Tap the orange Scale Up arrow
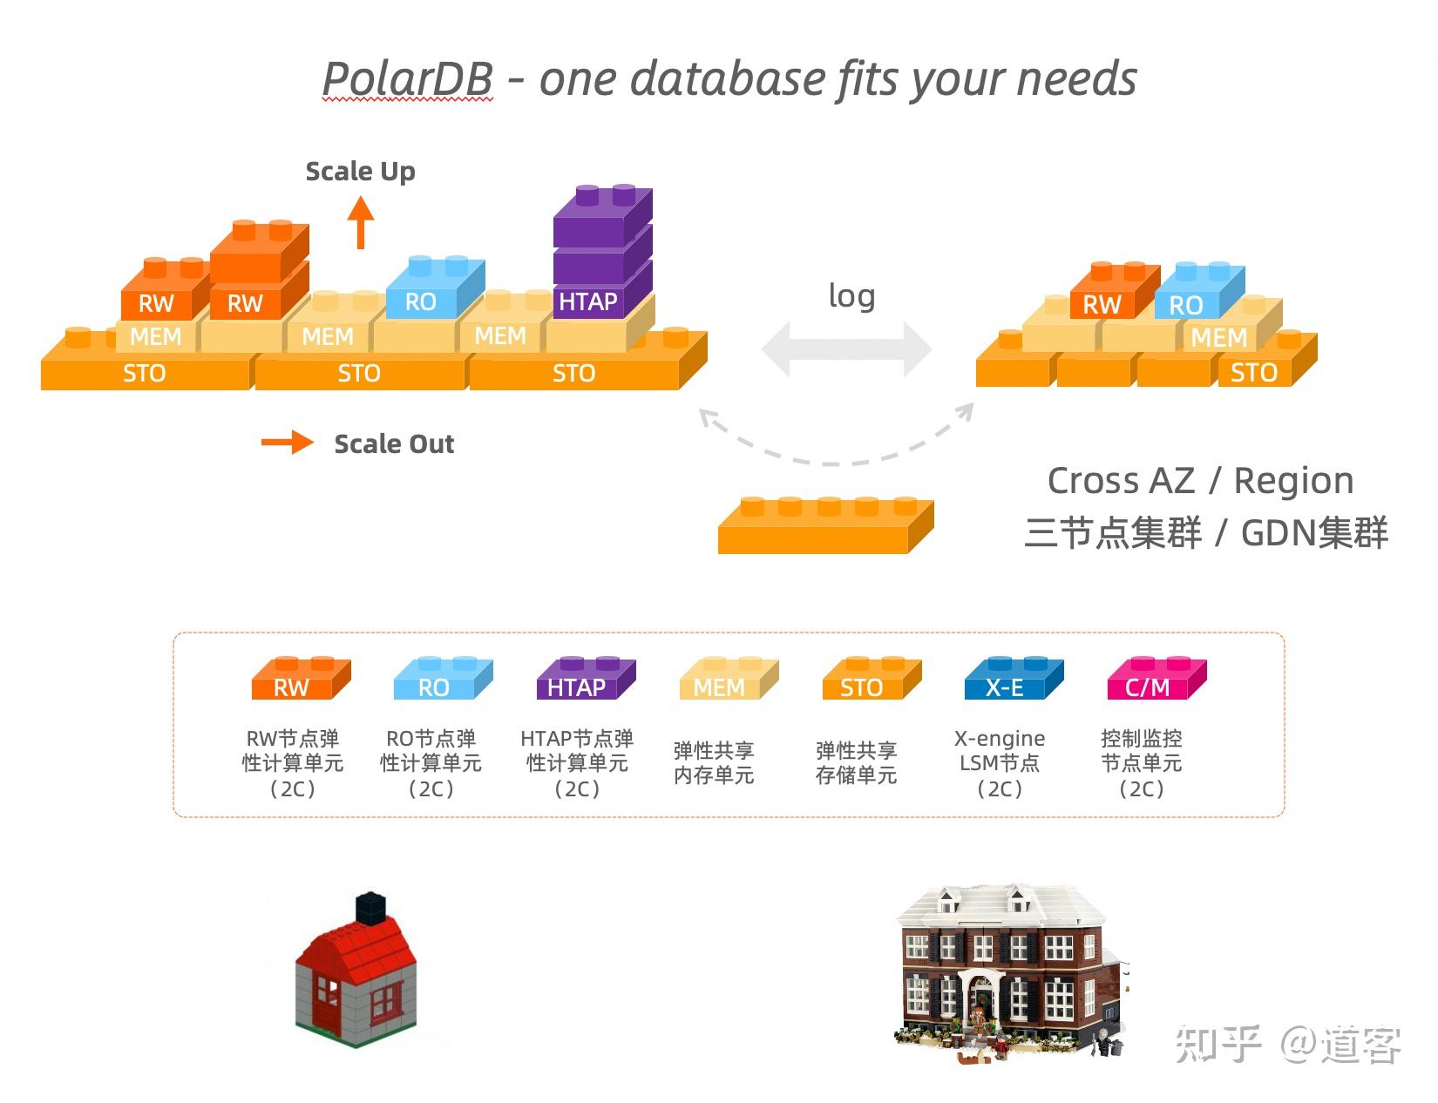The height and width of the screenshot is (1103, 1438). tap(360, 222)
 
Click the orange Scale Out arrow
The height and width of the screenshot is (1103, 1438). tap(288, 443)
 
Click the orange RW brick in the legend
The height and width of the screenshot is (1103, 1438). tap(299, 680)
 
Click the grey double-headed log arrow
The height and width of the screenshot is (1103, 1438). tap(846, 349)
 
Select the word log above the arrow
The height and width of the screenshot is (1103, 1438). tap(851, 296)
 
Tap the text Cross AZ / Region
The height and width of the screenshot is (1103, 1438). tap(1200, 480)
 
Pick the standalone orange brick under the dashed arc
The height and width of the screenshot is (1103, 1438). tap(824, 526)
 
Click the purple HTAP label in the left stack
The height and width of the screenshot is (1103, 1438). tap(588, 302)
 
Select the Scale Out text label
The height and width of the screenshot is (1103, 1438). tap(394, 443)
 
